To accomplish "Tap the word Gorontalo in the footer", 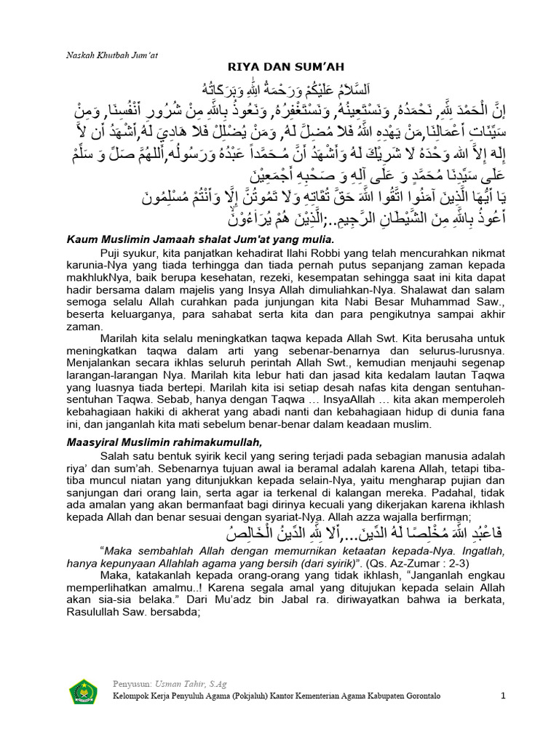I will point(458,696).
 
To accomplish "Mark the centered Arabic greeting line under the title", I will point(279,89).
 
